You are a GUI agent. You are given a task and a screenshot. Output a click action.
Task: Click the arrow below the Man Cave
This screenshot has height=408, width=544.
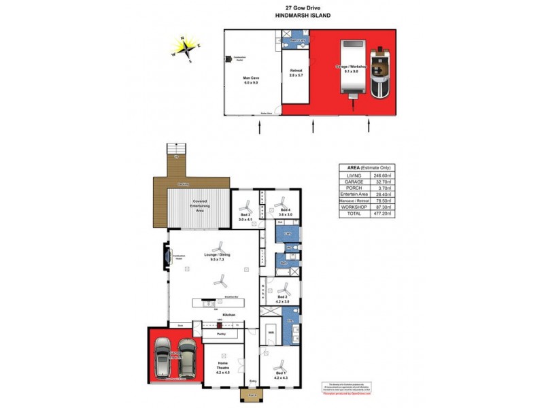258,126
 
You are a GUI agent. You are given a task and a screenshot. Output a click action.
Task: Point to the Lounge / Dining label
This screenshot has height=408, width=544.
218,257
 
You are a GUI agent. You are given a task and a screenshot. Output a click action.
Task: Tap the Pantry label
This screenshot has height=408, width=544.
220,335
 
